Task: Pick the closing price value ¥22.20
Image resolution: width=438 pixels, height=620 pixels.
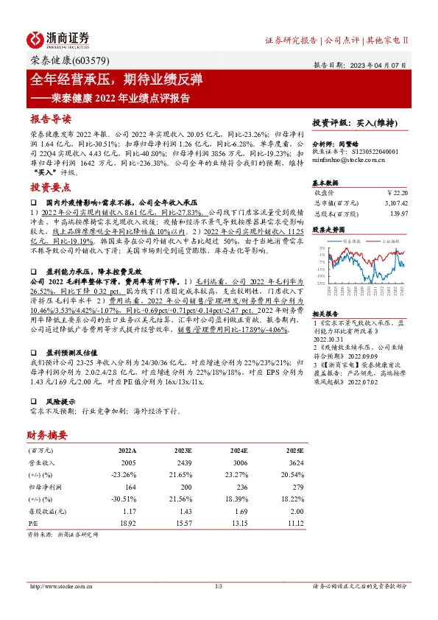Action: click(396, 191)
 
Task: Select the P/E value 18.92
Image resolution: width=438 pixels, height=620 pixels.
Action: click(127, 524)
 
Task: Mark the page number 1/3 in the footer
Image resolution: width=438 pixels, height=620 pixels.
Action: click(219, 586)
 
